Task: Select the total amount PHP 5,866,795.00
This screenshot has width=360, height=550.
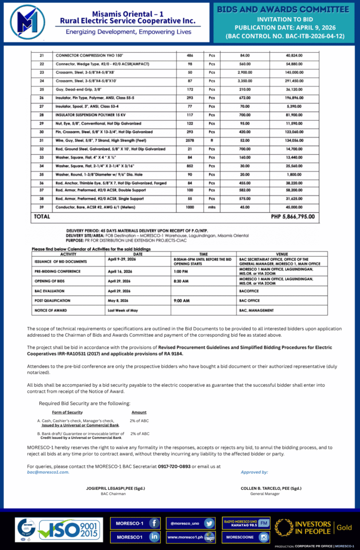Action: (x=293, y=217)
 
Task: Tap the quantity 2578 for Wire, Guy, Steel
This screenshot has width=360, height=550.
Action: (x=190, y=140)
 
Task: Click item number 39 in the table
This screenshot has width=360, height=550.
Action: (x=41, y=207)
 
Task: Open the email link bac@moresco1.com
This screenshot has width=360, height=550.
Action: (x=48, y=472)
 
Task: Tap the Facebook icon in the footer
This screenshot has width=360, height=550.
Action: (x=153, y=523)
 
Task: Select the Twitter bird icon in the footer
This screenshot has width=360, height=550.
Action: (x=209, y=523)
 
